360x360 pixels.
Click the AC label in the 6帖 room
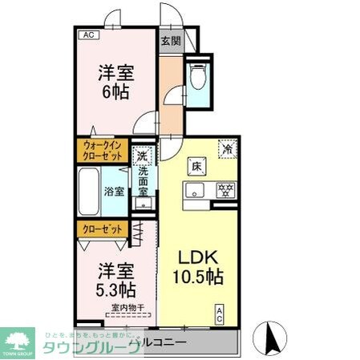[88, 34]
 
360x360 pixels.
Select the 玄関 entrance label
[170, 42]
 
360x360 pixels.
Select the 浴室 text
[114, 191]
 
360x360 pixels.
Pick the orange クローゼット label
[102, 229]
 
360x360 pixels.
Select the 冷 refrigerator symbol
[228, 148]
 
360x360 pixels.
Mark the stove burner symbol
[226, 190]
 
